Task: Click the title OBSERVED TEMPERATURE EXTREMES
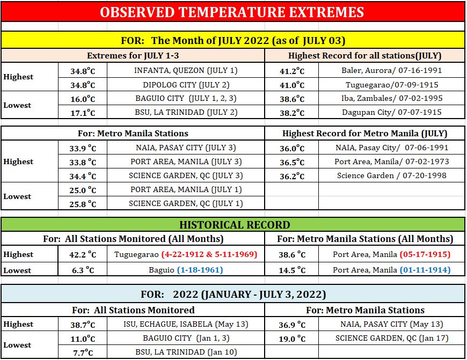[x=232, y=12]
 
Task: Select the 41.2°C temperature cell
[x=292, y=71]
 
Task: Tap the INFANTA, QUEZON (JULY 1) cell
[x=186, y=70]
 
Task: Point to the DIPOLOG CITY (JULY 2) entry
[x=186, y=85]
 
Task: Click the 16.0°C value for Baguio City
[x=83, y=99]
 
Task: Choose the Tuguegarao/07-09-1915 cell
[x=392, y=85]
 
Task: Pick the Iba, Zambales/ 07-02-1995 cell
[x=392, y=98]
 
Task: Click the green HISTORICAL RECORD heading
[x=235, y=225]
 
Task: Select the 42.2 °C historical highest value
[x=83, y=255]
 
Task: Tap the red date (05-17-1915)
[x=425, y=254]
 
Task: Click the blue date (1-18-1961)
[x=200, y=270]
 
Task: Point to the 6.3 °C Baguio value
[x=83, y=270]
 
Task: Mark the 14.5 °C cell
[x=292, y=270]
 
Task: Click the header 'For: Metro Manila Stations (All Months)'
[x=365, y=239]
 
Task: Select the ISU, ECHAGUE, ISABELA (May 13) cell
[x=186, y=324]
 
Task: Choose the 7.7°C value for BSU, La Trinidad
[x=83, y=353]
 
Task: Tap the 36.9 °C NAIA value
[x=292, y=325]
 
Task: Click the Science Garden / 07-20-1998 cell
[x=392, y=175]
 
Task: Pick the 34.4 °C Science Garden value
[x=83, y=177]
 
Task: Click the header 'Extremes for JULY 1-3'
[x=133, y=56]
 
